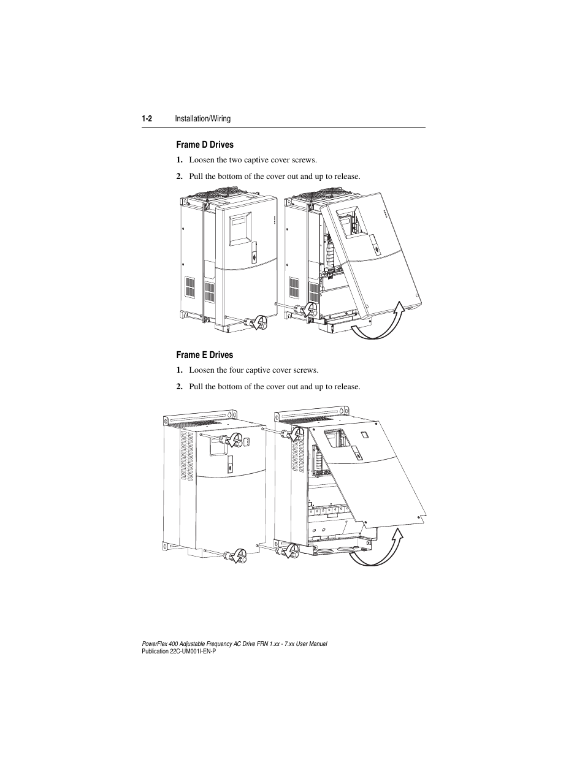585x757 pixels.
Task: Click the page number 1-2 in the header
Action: point(147,118)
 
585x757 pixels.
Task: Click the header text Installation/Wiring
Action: point(203,118)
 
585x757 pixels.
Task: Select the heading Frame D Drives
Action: point(205,145)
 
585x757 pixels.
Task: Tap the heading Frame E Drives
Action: point(205,355)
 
